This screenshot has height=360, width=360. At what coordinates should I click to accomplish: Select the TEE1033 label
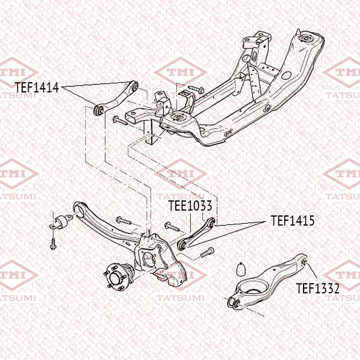coord(190,205)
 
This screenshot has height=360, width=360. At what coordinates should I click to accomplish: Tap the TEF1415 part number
coord(293,221)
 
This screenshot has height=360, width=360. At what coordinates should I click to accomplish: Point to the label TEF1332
coord(317,288)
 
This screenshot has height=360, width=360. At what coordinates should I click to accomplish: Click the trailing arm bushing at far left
coord(61,221)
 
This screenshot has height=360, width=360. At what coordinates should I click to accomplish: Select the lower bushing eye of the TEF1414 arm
coord(98,110)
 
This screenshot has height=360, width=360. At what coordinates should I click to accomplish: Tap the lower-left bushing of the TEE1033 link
coord(182,245)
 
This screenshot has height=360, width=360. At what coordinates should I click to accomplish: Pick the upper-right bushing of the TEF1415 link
coord(212,223)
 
